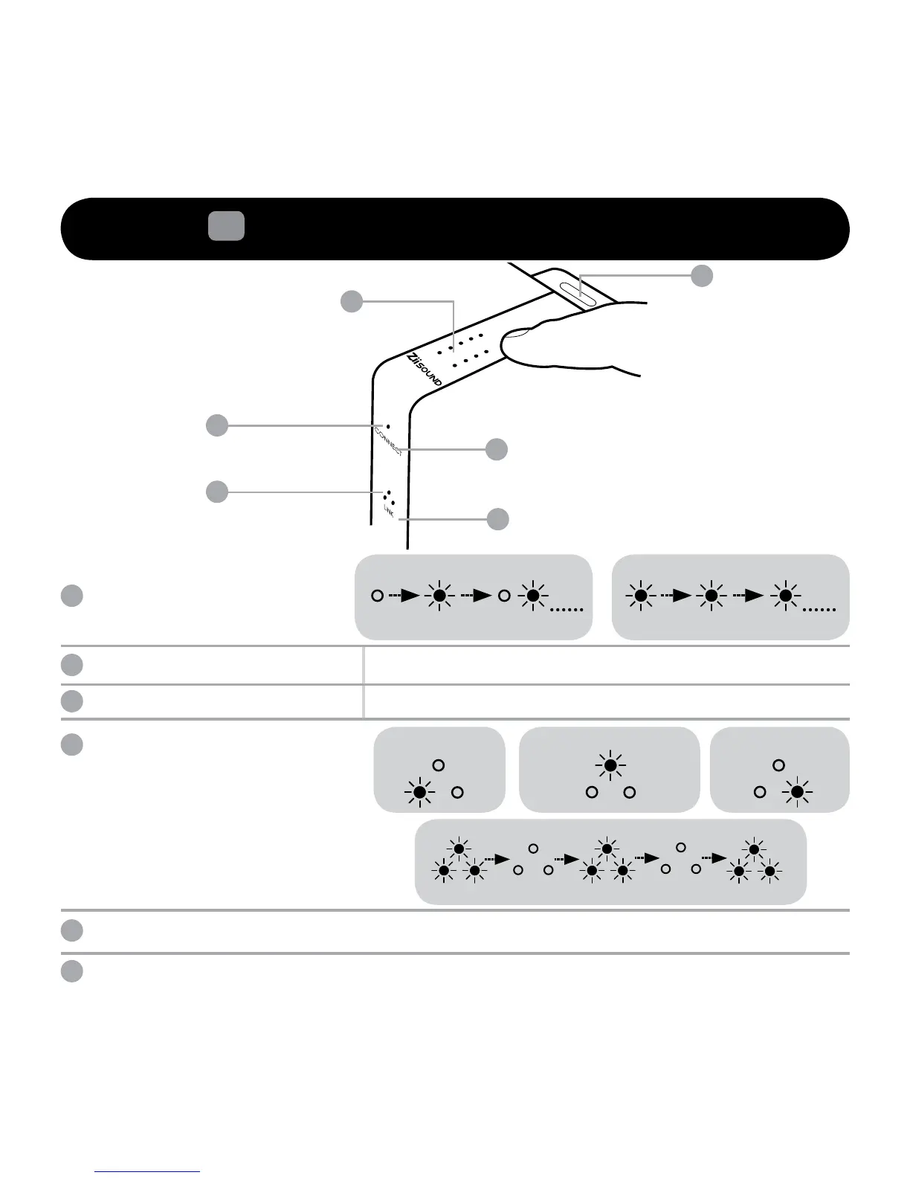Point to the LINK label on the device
tap(389, 510)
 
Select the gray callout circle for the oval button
tap(701, 276)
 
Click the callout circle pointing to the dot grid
tap(352, 301)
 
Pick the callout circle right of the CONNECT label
tap(497, 449)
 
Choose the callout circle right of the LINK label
tap(498, 518)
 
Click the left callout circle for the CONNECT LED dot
tap(216, 425)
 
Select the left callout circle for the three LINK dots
tap(216, 492)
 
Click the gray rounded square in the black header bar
tap(226, 225)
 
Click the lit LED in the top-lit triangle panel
tap(610, 765)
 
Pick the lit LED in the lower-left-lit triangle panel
tap(420, 794)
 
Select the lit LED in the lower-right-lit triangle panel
tap(797, 794)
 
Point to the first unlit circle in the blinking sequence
tap(378, 596)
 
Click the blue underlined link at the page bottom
tap(148, 1171)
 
